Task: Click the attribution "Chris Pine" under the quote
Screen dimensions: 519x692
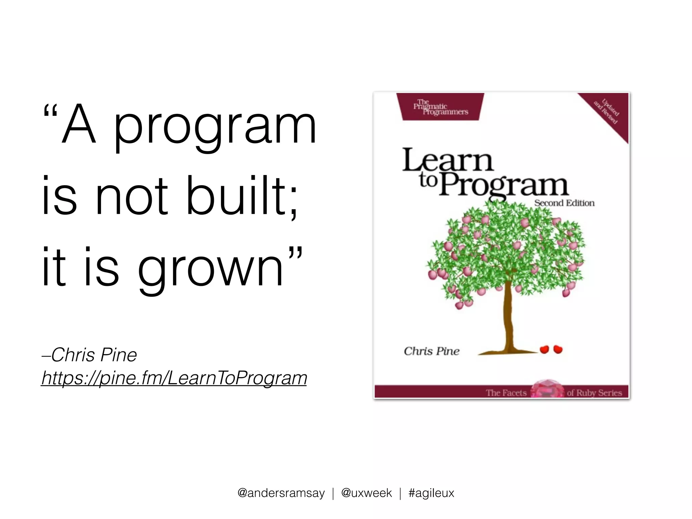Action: [94, 355]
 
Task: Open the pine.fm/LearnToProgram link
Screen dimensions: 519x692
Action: [174, 378]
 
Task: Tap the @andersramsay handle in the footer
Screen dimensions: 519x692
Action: [281, 493]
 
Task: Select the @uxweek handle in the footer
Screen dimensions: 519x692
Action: [366, 493]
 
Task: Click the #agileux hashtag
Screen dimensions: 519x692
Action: [431, 493]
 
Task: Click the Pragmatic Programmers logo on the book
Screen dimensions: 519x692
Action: [440, 107]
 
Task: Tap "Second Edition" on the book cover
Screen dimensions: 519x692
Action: [564, 203]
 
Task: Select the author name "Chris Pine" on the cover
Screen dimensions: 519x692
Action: [431, 351]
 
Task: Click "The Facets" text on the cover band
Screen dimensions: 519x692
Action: [506, 393]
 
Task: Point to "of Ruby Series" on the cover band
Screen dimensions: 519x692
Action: [594, 393]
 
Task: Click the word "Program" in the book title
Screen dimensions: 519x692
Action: [503, 186]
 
